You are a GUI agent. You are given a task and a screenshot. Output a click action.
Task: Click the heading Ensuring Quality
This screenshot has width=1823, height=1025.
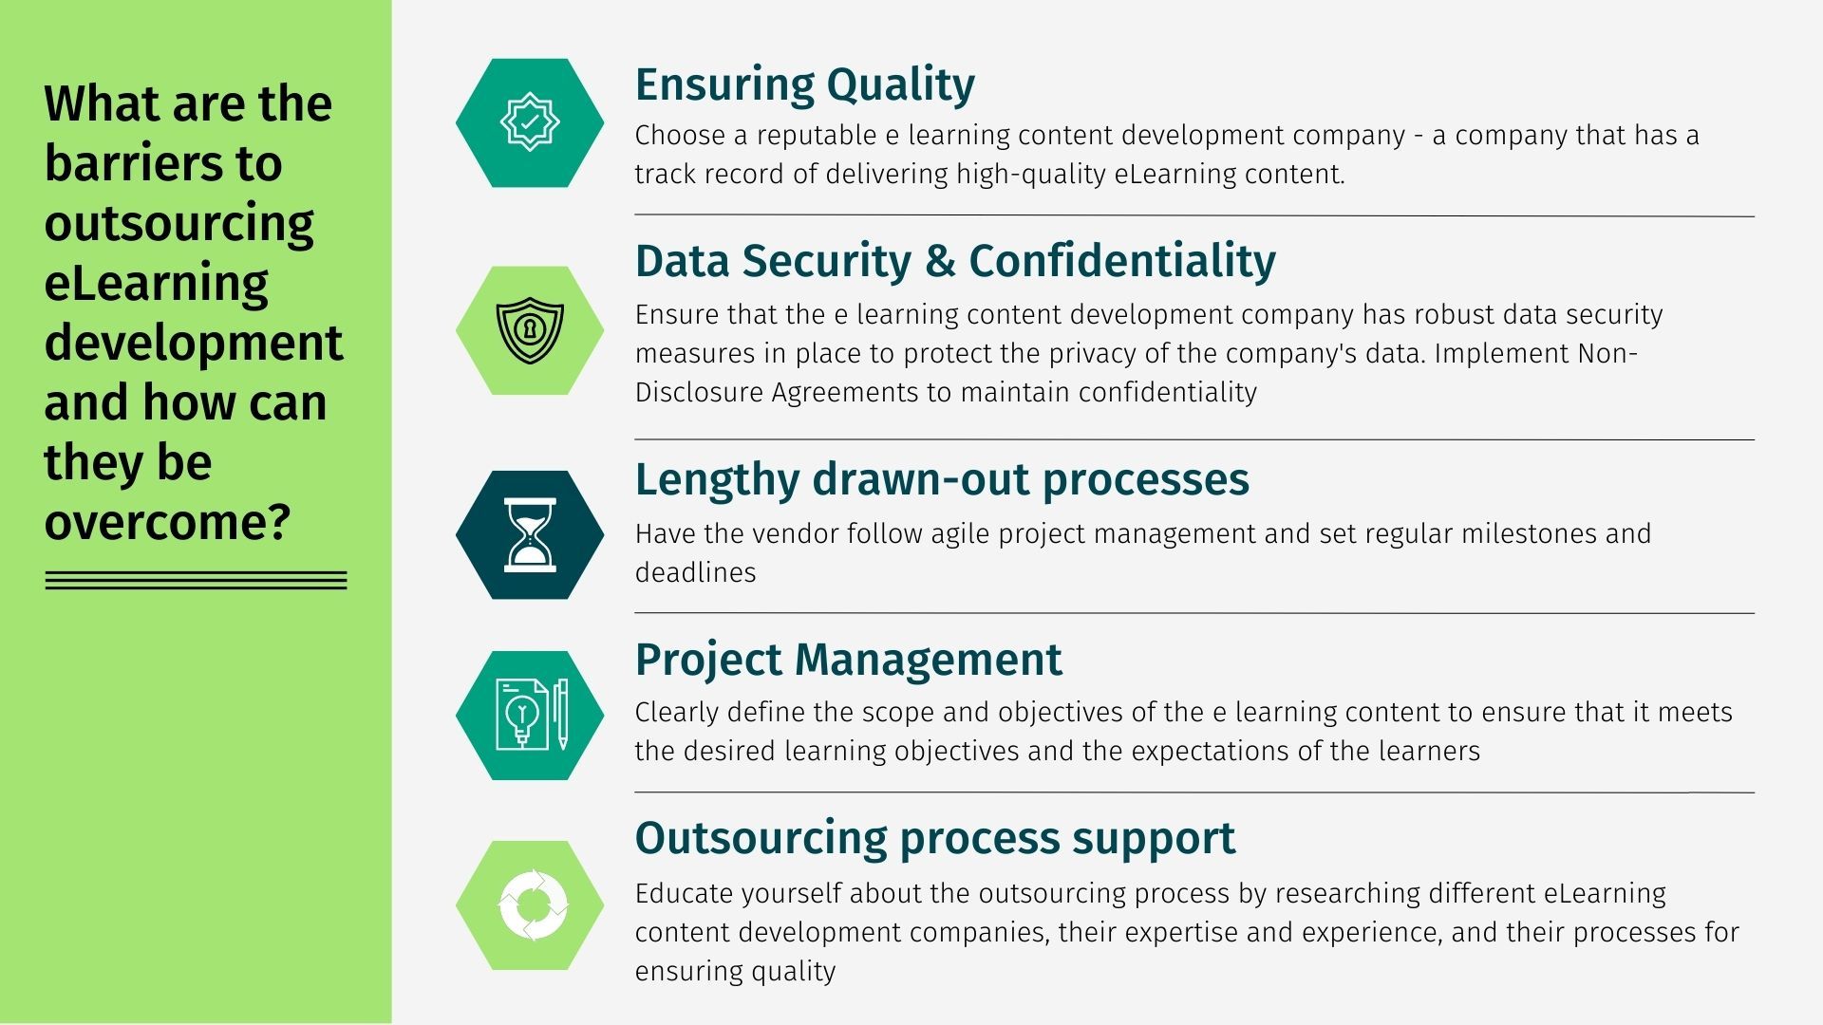point(804,85)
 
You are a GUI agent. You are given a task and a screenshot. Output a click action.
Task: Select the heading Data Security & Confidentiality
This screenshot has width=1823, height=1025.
point(955,261)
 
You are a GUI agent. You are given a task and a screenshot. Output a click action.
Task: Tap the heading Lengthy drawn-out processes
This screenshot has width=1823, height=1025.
point(942,479)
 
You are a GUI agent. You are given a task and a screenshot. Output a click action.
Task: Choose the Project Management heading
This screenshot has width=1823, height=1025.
point(848,660)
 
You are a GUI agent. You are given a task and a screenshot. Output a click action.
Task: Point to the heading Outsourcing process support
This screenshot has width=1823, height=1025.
point(935,838)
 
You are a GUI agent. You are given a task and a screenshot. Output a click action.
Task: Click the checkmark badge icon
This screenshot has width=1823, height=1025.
point(530,122)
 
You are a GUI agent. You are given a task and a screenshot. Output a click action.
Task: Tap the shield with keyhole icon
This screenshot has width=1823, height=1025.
point(530,330)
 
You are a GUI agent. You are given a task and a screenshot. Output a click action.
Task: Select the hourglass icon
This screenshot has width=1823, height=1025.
point(530,534)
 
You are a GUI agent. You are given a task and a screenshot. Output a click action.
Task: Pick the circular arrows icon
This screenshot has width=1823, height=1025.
point(533,905)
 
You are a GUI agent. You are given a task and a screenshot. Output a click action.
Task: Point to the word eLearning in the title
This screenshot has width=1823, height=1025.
point(157,283)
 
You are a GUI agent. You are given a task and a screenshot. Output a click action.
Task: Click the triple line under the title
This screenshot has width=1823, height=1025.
point(197,581)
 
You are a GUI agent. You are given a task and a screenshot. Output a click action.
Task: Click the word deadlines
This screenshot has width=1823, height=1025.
point(696,572)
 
